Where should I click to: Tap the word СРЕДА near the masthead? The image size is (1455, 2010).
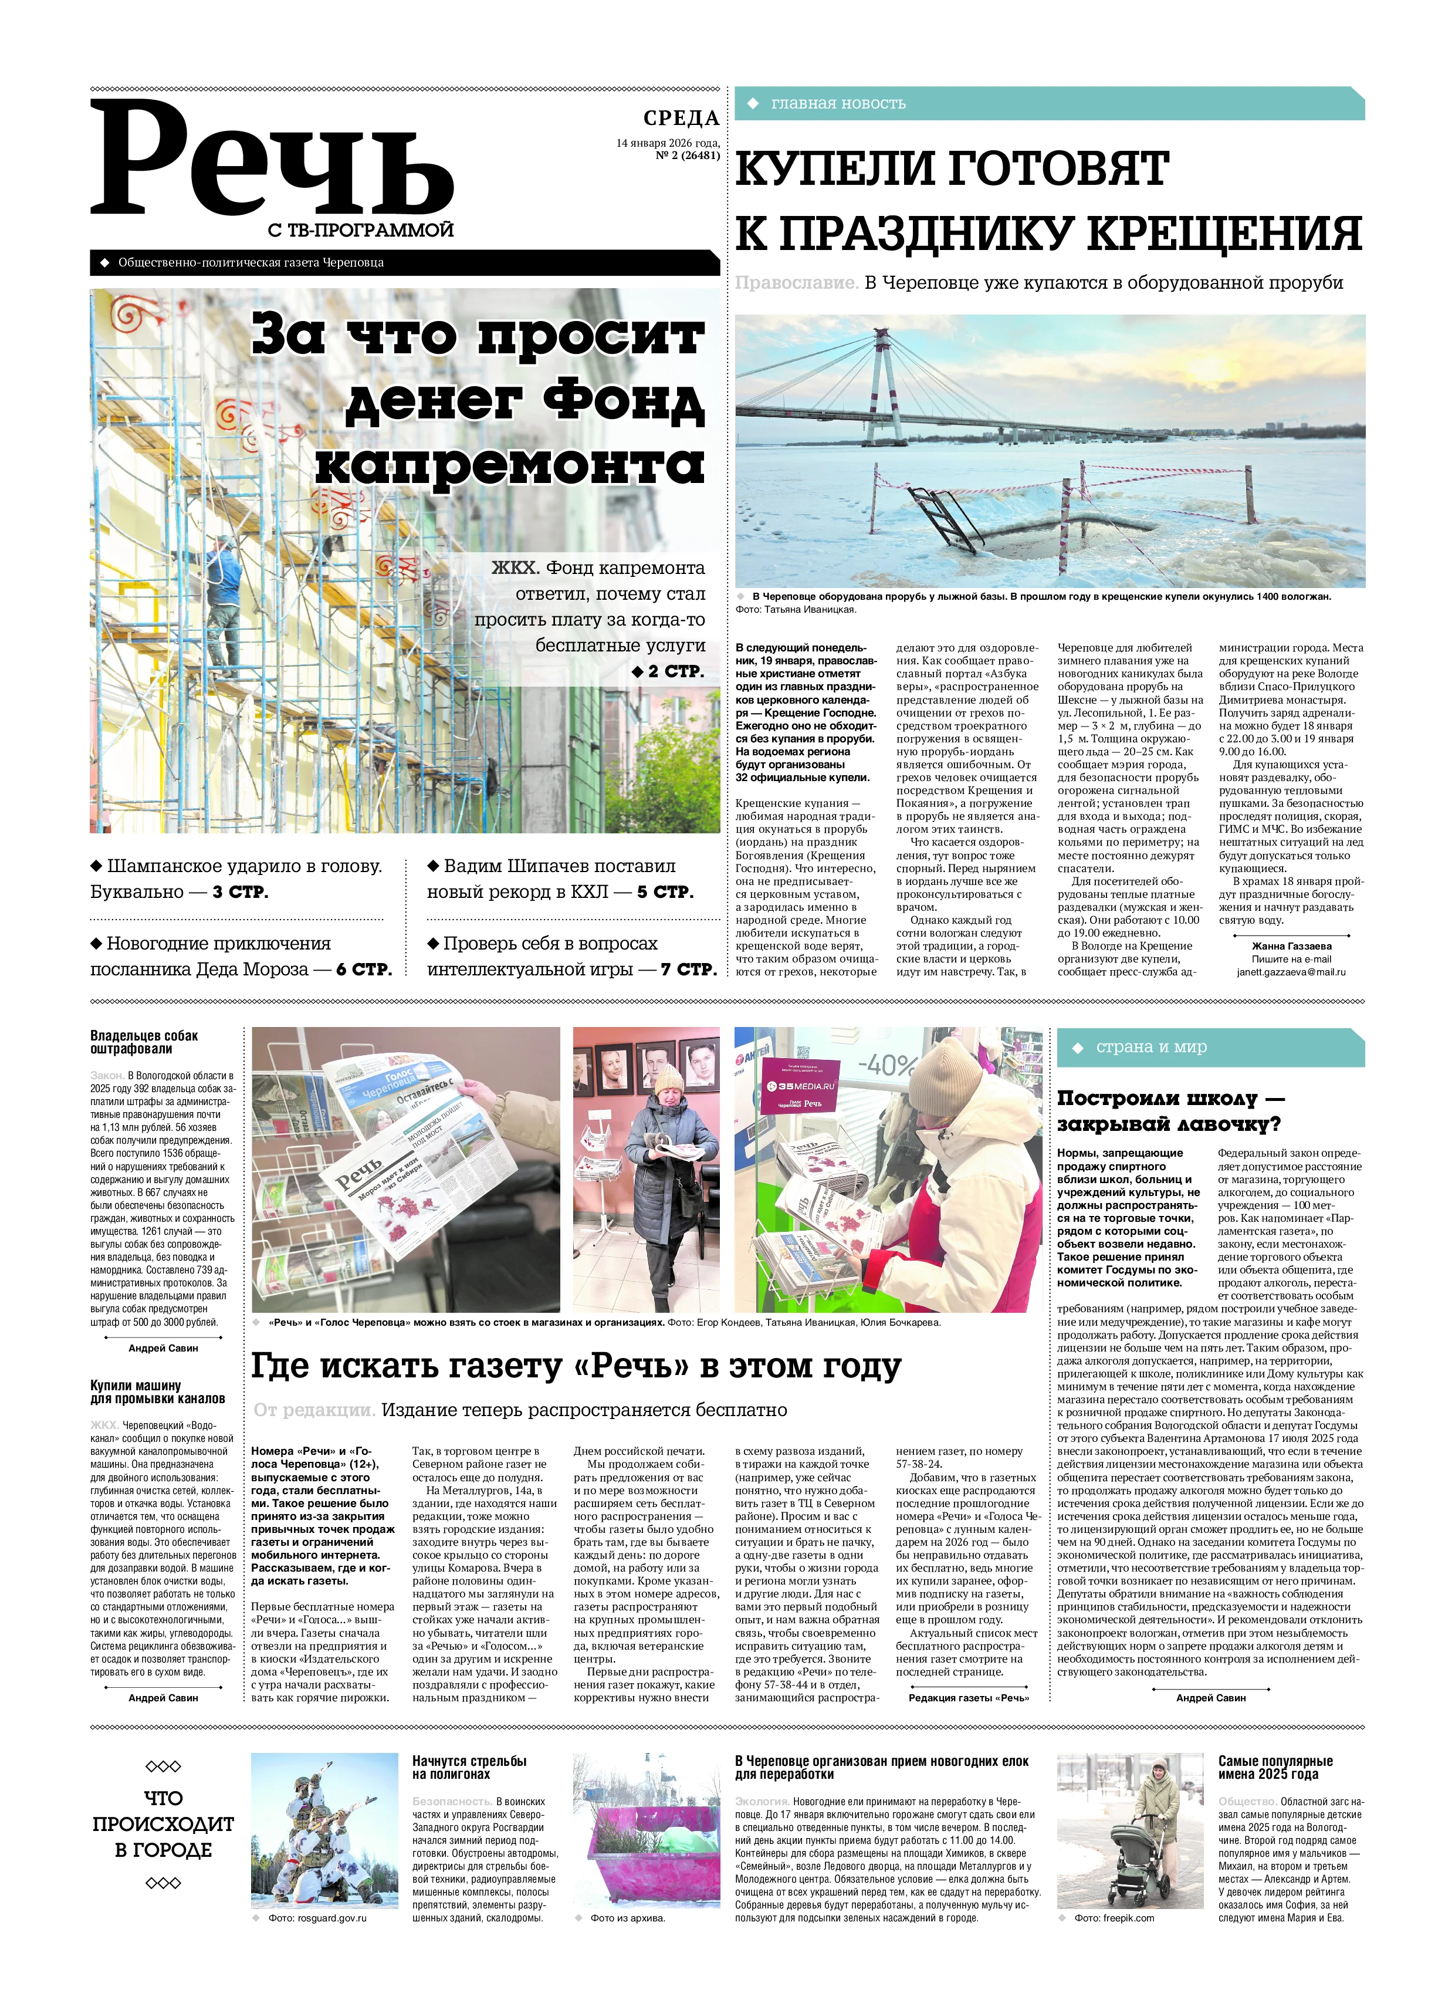click(x=681, y=118)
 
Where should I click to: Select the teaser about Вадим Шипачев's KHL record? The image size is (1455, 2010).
click(x=560, y=879)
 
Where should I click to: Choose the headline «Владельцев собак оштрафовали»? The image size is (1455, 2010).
click(x=144, y=1042)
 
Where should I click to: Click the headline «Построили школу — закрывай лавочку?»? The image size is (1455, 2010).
click(x=1169, y=1110)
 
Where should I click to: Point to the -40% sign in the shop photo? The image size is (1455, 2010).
click(x=886, y=1065)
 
